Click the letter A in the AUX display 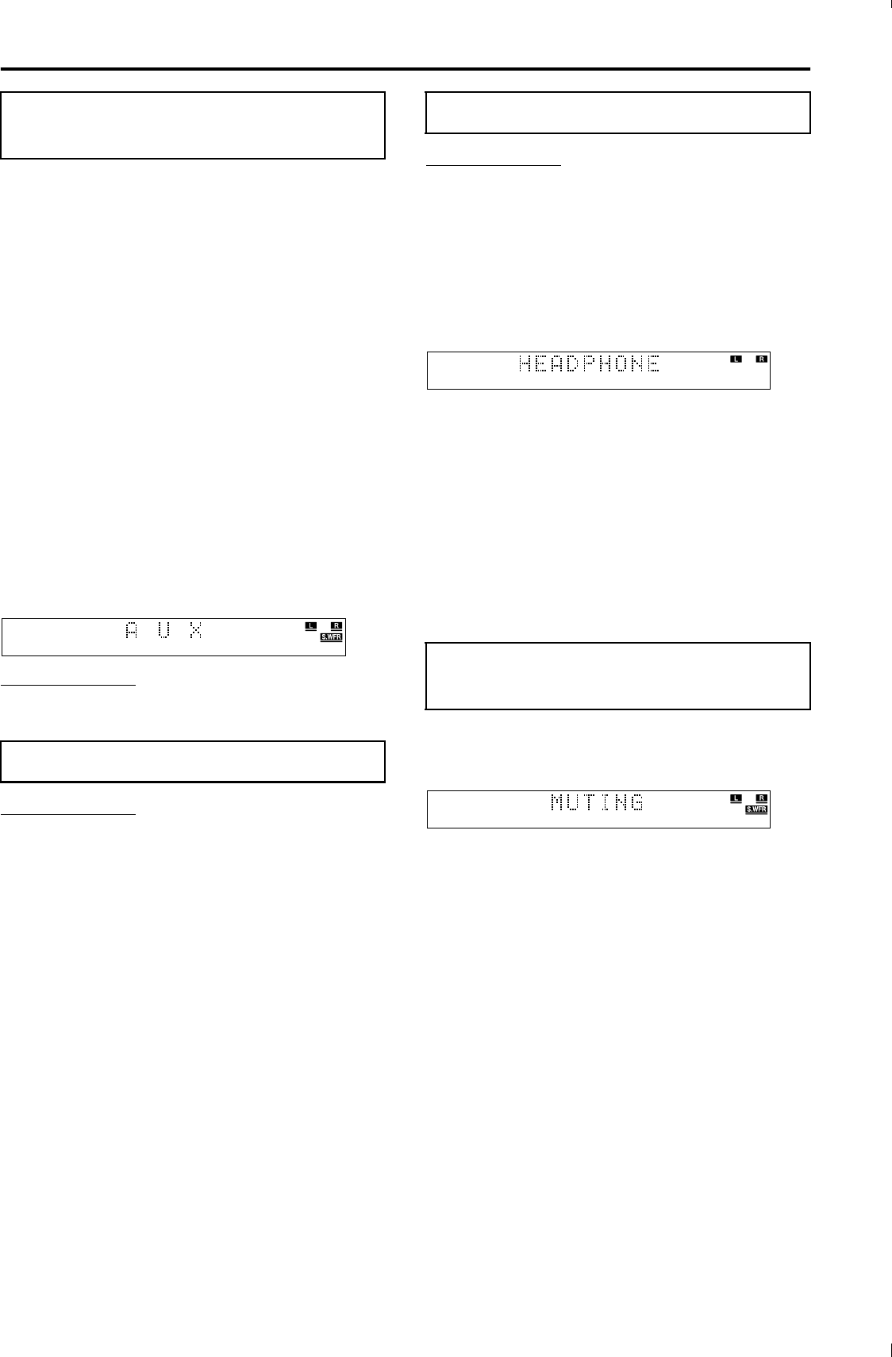[x=132, y=631]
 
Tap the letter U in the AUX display [x=164, y=631]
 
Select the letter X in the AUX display [x=195, y=631]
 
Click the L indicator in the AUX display [x=311, y=626]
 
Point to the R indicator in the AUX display [x=336, y=626]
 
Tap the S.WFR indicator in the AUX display [x=331, y=637]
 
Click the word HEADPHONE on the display [x=589, y=364]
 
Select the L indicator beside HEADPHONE [x=736, y=359]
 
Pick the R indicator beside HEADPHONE [x=762, y=359]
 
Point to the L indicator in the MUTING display [x=736, y=798]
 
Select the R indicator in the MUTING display [x=762, y=798]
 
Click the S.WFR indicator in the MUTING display [x=756, y=809]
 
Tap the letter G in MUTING [x=635, y=803]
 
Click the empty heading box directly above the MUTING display [x=617, y=675]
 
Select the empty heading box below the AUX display [x=193, y=762]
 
